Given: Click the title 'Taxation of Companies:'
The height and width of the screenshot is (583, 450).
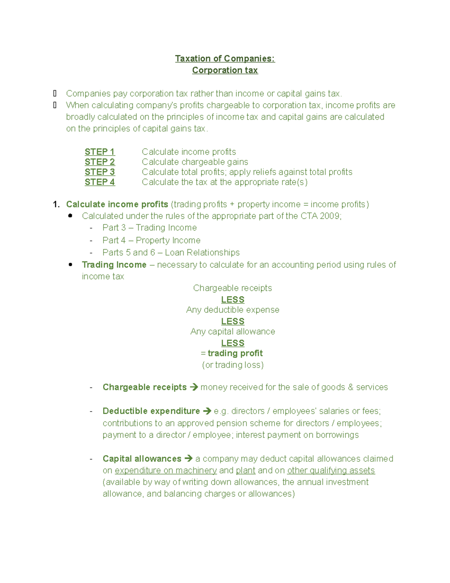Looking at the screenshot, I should pos(225,59).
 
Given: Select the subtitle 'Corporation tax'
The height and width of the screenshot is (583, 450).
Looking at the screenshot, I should pos(225,70).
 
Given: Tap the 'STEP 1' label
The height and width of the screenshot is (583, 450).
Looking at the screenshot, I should pos(100,152).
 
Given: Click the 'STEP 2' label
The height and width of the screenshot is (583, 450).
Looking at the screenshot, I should pos(100,162).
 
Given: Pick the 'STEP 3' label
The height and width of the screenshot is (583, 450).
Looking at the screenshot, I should pos(100,172).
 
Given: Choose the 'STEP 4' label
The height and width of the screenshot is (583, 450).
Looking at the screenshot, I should pos(100,182).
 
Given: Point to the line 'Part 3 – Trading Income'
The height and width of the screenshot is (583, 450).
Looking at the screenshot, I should pos(149,228).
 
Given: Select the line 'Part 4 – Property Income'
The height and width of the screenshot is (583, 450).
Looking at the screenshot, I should pos(151,240).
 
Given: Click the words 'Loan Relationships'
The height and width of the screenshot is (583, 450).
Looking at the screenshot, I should pos(202,253).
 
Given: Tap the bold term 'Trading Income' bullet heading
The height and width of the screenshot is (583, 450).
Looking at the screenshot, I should pos(114,265).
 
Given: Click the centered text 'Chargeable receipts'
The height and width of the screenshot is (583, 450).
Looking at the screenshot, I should pos(232,288).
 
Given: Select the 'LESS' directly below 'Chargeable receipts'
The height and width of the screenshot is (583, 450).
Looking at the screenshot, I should pos(232,300).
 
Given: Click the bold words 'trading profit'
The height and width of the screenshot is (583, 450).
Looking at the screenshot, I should pos(235,353).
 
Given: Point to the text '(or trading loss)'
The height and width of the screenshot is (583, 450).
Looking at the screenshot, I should pos(232,365).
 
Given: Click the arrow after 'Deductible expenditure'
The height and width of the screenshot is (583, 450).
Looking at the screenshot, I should pos(207,411).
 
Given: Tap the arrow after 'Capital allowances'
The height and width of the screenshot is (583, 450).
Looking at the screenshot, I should pos(189,459).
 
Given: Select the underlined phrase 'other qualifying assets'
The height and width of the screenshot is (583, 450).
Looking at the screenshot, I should pos(331,470).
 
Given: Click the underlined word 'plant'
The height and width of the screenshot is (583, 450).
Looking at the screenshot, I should pos(246,470).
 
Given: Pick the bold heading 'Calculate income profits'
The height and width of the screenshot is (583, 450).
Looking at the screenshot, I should pos(117,204).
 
